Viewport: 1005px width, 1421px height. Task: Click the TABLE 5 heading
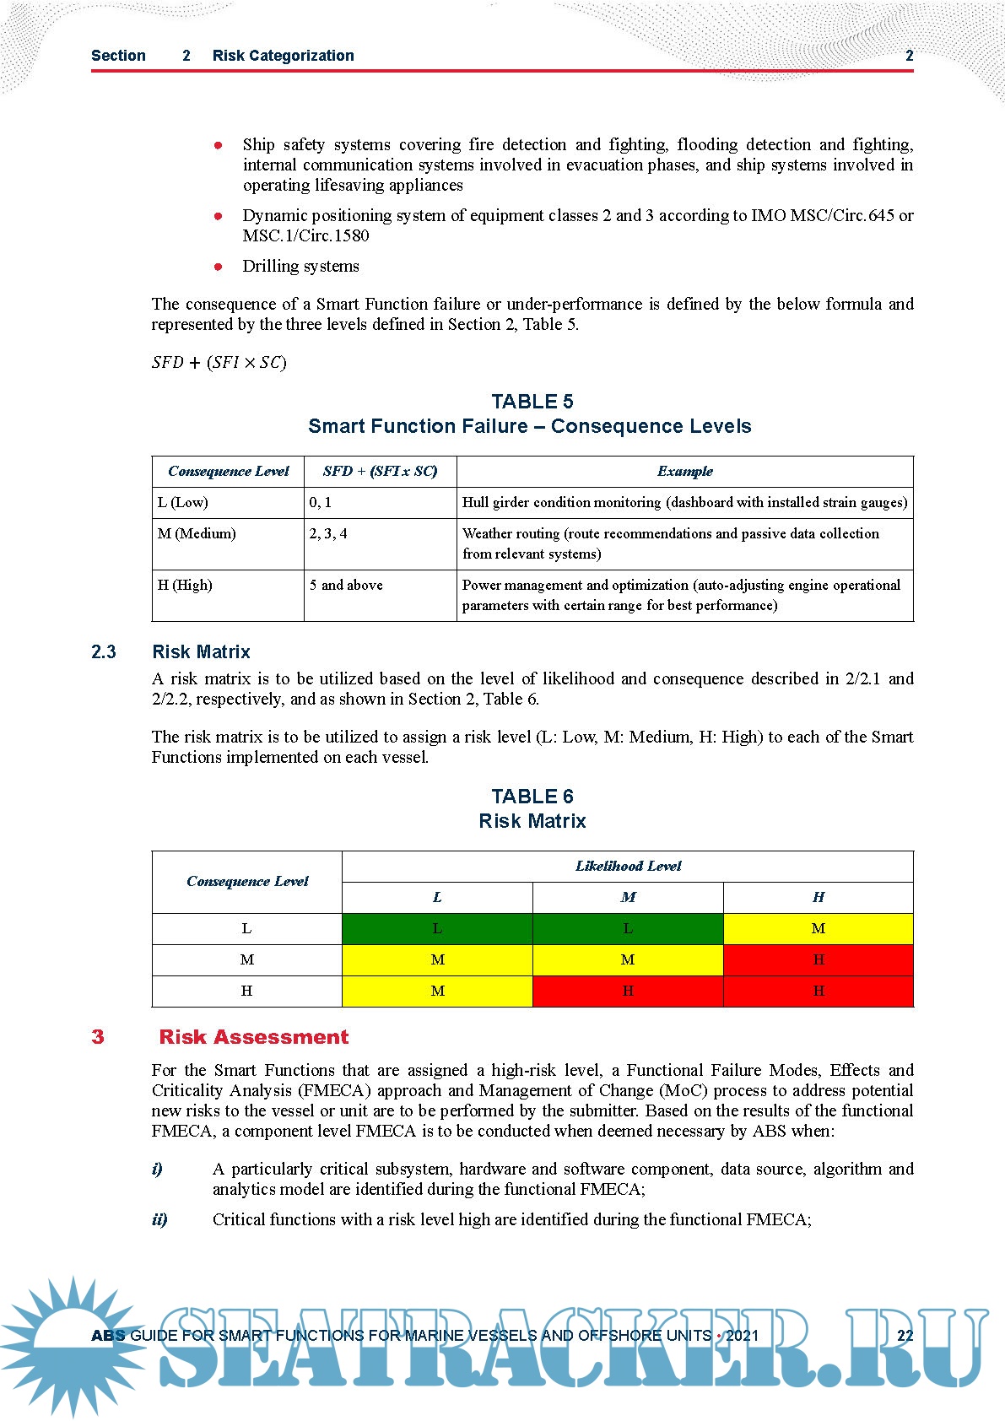pyautogui.click(x=532, y=402)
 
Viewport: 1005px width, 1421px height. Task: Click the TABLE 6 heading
pyautogui.click(x=532, y=797)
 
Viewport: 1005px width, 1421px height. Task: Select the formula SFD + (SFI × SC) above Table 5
pyautogui.click(x=219, y=363)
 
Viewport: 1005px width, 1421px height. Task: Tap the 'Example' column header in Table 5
pyautogui.click(x=684, y=472)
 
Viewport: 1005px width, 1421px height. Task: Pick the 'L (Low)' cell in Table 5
pyautogui.click(x=183, y=503)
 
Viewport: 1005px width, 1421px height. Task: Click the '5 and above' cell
pyautogui.click(x=346, y=586)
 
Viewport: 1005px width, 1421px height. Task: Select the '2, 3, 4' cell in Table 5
pyautogui.click(x=328, y=534)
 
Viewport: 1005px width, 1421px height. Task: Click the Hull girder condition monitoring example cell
pyautogui.click(x=684, y=503)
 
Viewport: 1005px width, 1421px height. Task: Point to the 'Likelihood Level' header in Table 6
pyautogui.click(x=628, y=867)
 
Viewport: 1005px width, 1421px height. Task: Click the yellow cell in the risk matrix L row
pyautogui.click(x=818, y=929)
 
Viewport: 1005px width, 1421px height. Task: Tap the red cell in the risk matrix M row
pyautogui.click(x=818, y=960)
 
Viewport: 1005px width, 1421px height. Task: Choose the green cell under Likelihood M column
pyautogui.click(x=628, y=929)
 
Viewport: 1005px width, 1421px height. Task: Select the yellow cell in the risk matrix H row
pyautogui.click(x=437, y=991)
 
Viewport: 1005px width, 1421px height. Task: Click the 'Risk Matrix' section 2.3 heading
pyautogui.click(x=201, y=652)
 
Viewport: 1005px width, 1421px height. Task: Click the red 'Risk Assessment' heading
pyautogui.click(x=253, y=1037)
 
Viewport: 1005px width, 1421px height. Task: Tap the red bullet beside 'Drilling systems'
pyautogui.click(x=219, y=267)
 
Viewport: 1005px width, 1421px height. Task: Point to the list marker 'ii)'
pyautogui.click(x=159, y=1219)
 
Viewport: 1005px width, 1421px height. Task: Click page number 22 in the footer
pyautogui.click(x=905, y=1336)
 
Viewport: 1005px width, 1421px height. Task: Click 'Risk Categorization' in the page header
pyautogui.click(x=283, y=56)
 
